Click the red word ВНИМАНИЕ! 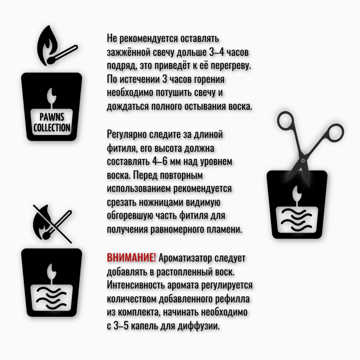(131, 258)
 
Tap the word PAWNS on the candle (52, 117)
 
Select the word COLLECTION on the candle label (52, 128)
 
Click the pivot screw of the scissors (303, 161)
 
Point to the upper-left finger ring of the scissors (285, 121)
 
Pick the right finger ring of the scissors (335, 132)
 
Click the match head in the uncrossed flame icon (51, 60)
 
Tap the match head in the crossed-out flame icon (47, 235)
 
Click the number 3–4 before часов (216, 52)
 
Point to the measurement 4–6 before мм (160, 162)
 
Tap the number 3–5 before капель (121, 325)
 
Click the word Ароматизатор (185, 258)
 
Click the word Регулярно (127, 135)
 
